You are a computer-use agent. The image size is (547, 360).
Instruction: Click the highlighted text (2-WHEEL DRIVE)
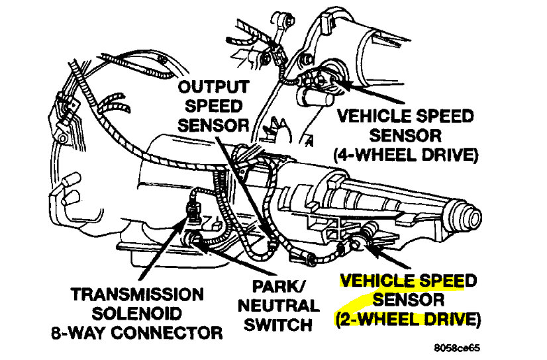[x=406, y=320]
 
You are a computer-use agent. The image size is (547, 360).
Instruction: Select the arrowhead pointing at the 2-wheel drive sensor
[x=369, y=248]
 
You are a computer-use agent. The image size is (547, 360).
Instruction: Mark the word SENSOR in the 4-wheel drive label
[x=405, y=136]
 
